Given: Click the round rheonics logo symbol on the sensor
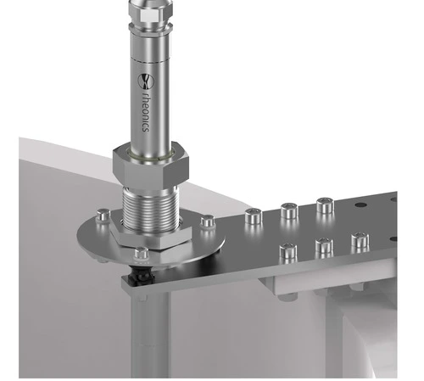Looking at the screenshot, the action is pos(146,81).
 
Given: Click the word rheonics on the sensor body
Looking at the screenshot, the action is pos(146,111).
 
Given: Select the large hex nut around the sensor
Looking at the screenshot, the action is pos(151,165).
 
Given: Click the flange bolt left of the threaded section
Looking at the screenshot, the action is pos(103,216).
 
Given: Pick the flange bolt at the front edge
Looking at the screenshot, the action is pos(141,254).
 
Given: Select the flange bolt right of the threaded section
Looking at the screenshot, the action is pos(207,221).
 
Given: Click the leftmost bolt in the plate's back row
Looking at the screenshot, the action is pos(254,216).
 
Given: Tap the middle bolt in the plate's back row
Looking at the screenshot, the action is pos(289,211).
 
